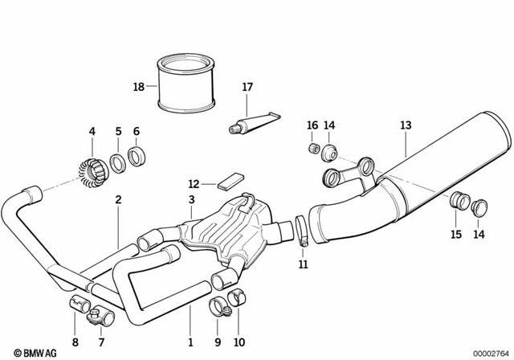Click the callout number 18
139,86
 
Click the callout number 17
247,87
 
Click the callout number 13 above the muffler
406,125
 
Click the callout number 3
192,198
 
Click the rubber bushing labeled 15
459,200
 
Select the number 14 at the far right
479,235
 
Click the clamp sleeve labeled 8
78,305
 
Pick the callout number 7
101,342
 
